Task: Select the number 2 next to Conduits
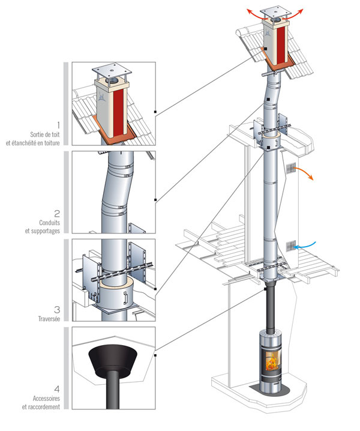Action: click(x=56, y=213)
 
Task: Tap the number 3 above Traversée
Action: click(x=56, y=310)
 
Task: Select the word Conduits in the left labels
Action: click(x=47, y=223)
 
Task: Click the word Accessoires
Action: click(x=44, y=398)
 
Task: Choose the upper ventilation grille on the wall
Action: click(x=291, y=168)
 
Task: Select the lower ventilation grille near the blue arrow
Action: click(x=292, y=246)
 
